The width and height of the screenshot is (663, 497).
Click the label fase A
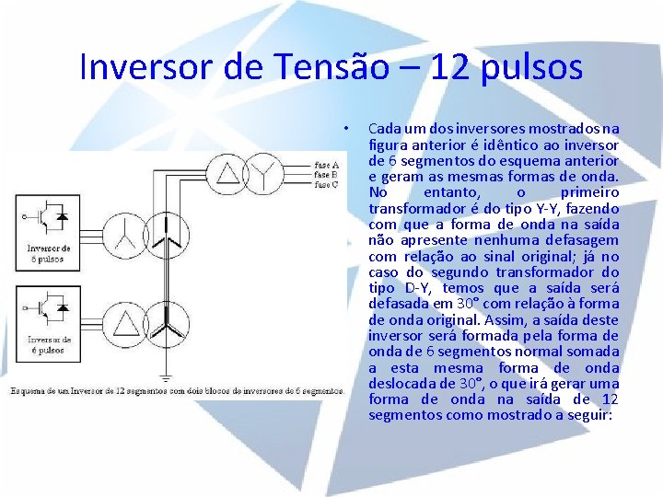(x=326, y=165)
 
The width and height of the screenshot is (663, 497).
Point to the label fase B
(x=326, y=174)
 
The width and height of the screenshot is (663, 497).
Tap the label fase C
(x=326, y=184)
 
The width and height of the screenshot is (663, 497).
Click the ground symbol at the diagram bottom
(x=165, y=376)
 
